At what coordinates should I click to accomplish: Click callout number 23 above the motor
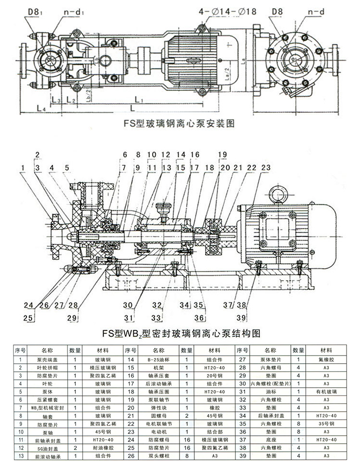(x=266, y=167)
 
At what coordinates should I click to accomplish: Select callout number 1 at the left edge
(x=23, y=167)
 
